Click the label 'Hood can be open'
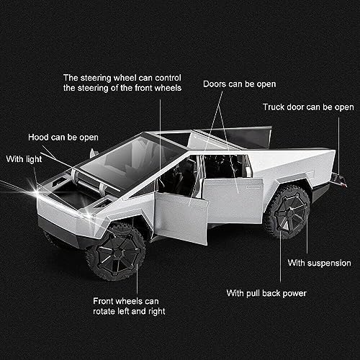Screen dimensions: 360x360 pos(63,136)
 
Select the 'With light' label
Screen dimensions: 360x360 pos(25,158)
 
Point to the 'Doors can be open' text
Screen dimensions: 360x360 pos(240,84)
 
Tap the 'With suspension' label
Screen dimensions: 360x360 pos(319,263)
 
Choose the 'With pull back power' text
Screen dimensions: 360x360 pos(267,293)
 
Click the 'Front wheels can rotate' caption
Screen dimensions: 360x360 pos(130,306)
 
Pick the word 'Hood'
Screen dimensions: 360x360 pos(39,136)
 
